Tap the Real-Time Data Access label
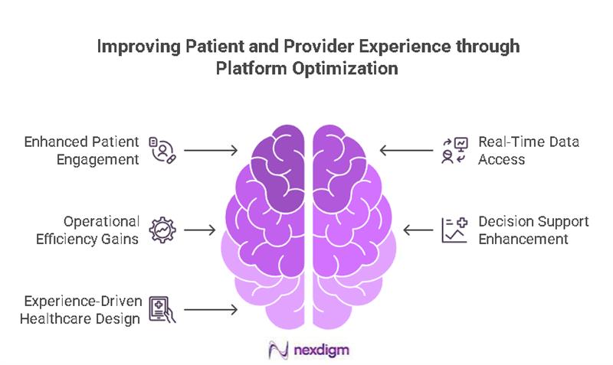coord(529,150)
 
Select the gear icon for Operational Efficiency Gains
coord(162,230)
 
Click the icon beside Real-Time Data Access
coord(454,150)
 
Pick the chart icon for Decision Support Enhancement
coord(454,230)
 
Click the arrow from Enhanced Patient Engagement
coord(211,150)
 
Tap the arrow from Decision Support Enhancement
coord(418,230)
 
